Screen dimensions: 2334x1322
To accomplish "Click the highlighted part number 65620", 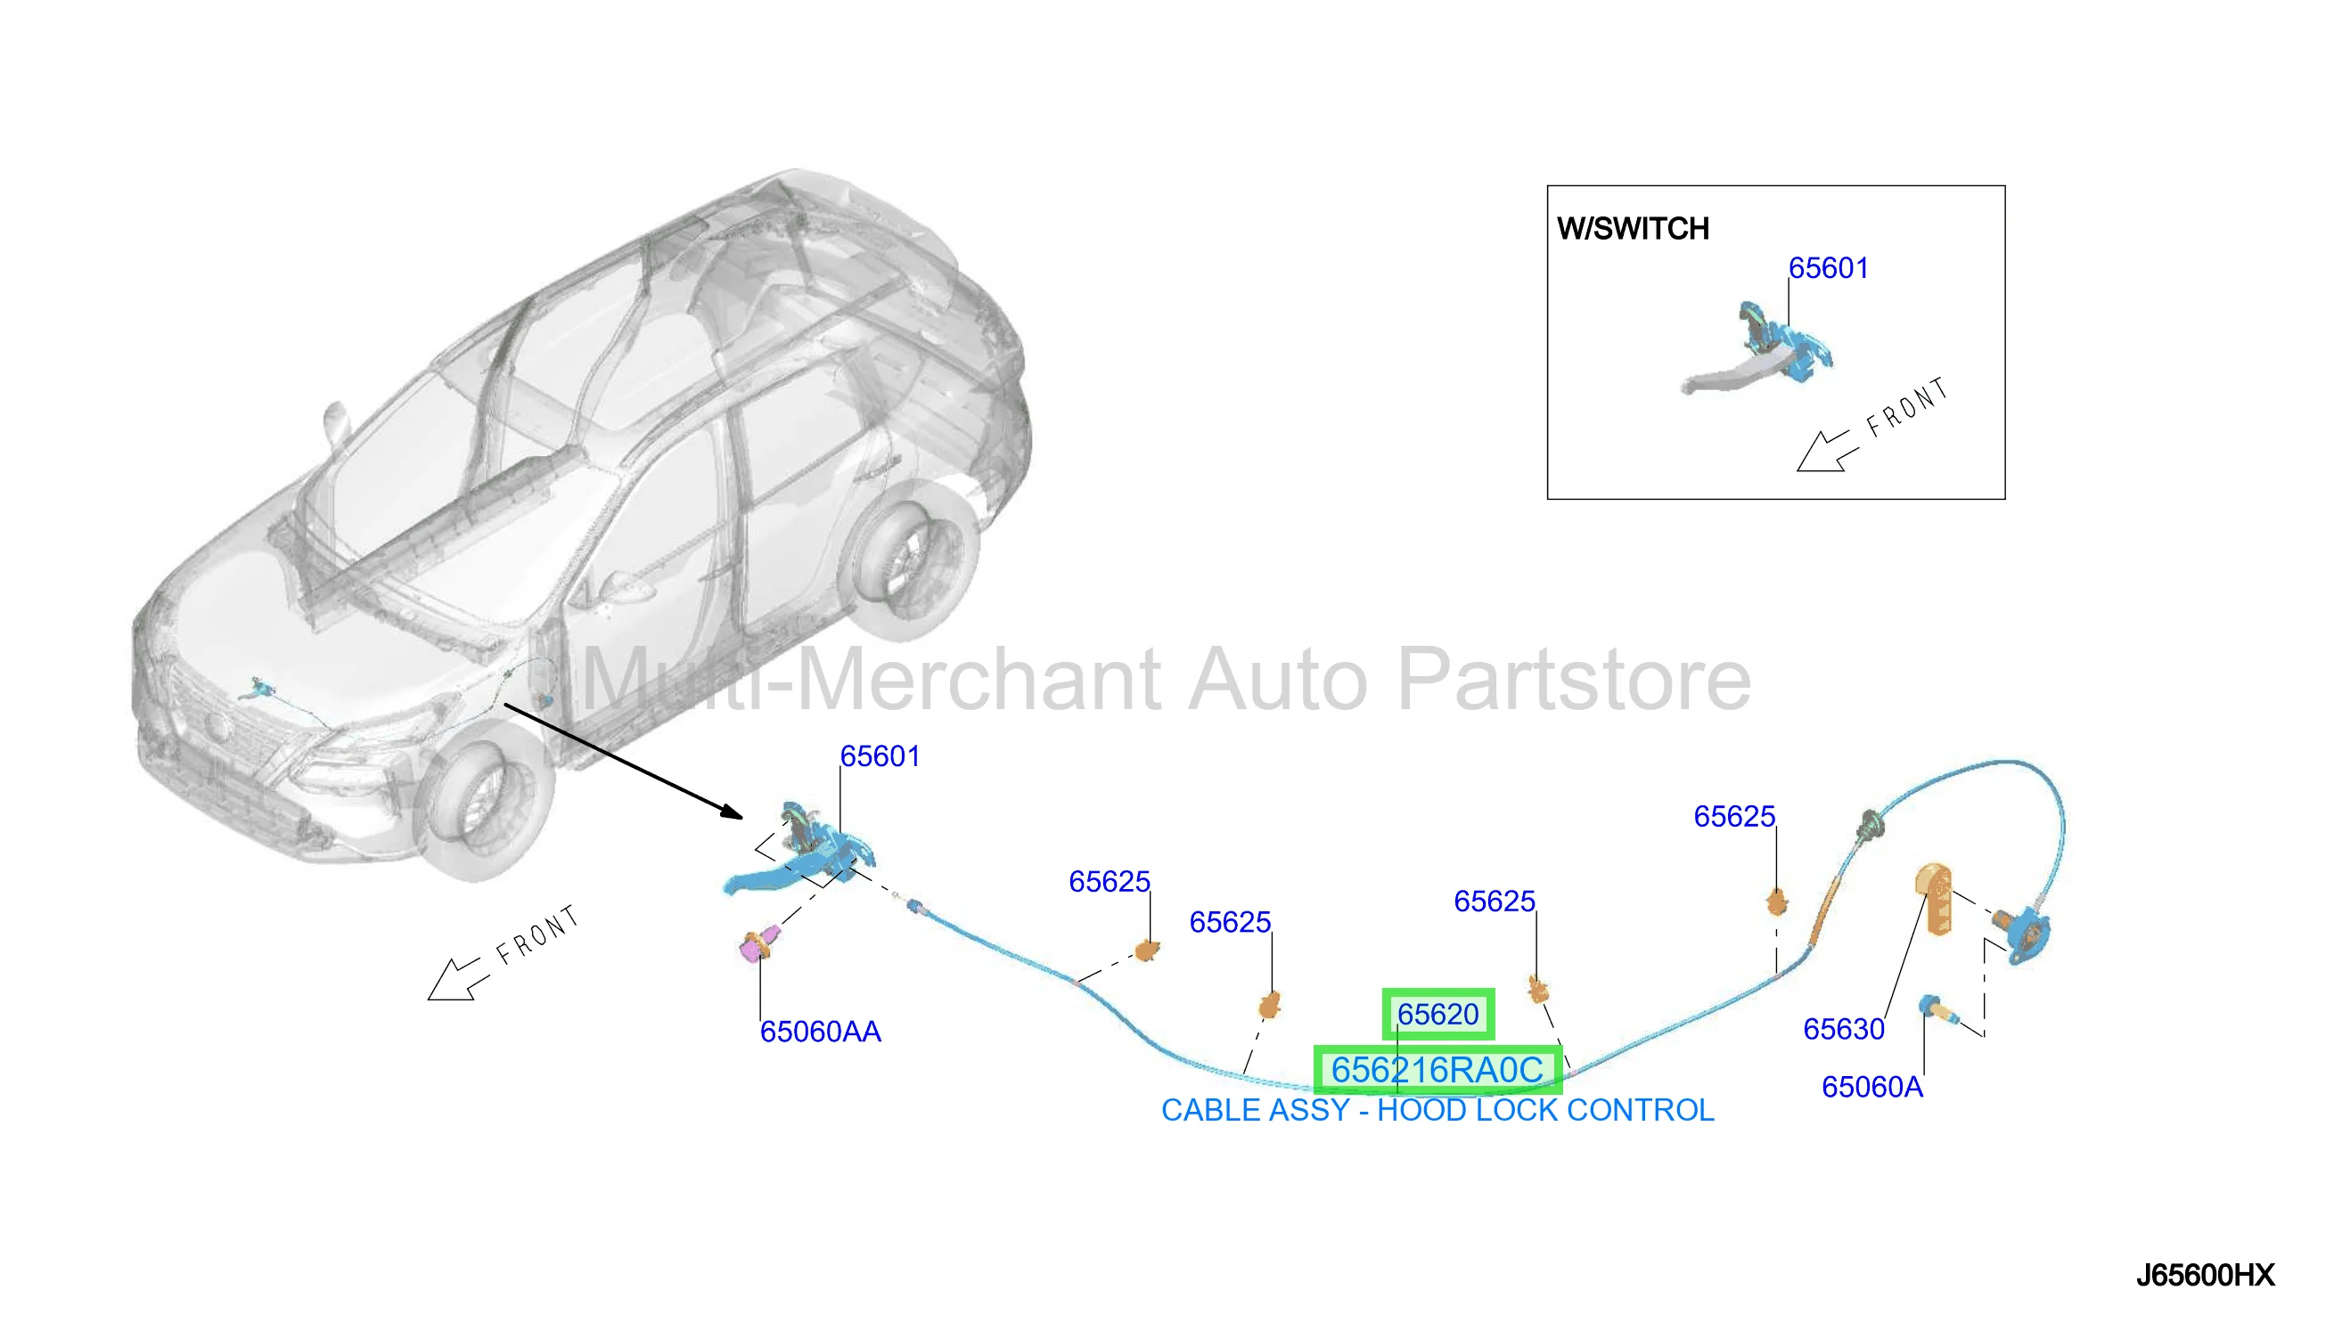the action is pos(1437,1013).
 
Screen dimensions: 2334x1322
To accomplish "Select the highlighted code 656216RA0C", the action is pos(1437,1070).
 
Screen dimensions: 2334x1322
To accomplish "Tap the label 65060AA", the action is pos(820,1032).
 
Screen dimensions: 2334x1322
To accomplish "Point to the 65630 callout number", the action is pos(1844,1029).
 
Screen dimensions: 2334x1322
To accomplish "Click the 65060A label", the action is pos(1871,1087).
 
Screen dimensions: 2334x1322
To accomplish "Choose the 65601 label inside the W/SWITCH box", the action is pos(1828,268).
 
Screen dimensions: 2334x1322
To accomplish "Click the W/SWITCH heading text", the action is pos(1633,229).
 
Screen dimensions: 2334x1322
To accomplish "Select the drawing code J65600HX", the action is pos(2204,1276).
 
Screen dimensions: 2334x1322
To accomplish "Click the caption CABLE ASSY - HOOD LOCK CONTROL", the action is pos(1437,1111).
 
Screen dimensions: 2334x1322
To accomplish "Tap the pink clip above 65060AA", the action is pos(758,944).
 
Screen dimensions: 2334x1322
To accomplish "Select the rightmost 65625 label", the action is pos(1733,816).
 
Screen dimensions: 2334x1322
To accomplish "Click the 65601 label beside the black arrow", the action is pos(879,756).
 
